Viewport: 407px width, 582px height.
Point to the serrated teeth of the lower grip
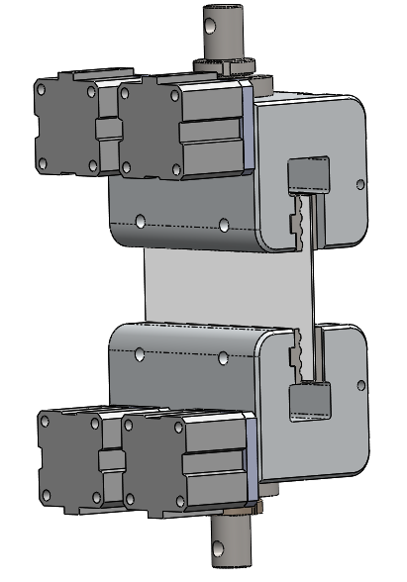point(295,357)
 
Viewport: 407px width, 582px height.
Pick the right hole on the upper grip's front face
point(225,225)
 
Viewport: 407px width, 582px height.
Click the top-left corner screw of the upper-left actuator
point(42,87)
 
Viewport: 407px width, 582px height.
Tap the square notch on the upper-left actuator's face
point(107,130)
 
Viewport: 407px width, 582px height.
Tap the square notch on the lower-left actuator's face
point(110,460)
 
